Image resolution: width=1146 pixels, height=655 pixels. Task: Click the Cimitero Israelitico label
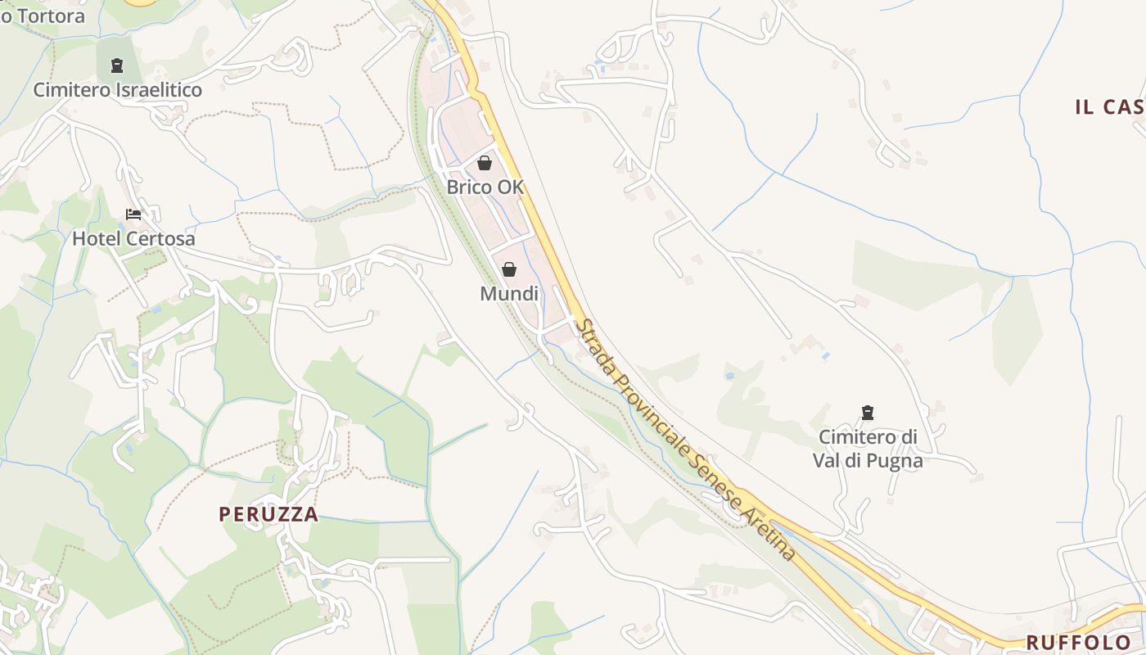(x=117, y=90)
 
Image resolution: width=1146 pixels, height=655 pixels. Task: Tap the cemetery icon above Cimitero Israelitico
(x=117, y=65)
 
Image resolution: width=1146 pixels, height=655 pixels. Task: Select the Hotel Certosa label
(x=133, y=239)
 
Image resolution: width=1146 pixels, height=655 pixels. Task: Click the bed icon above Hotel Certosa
(x=133, y=215)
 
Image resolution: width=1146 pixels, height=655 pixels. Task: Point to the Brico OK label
(x=485, y=187)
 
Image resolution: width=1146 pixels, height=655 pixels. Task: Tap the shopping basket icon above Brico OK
(x=485, y=163)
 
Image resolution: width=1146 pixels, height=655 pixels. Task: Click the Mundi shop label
(x=509, y=294)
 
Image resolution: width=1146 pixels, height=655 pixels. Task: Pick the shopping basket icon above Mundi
(x=509, y=269)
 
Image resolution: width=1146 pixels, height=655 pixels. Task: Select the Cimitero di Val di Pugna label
(x=868, y=449)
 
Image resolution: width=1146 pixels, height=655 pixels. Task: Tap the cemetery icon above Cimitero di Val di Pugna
(x=868, y=413)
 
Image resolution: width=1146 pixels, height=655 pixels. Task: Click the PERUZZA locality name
(x=268, y=514)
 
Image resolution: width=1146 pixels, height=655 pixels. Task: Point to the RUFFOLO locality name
(x=1078, y=642)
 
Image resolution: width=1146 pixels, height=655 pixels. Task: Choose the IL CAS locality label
(x=1109, y=106)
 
